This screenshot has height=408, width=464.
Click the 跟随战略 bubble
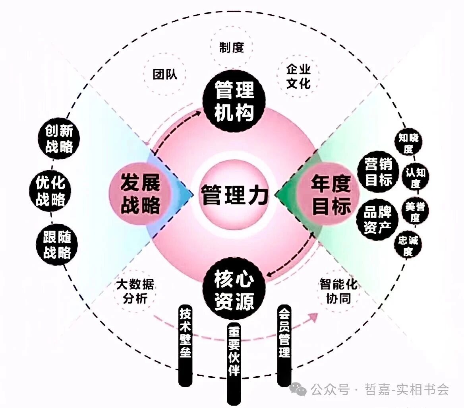[x=57, y=245]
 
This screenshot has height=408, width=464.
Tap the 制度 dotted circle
[x=232, y=47]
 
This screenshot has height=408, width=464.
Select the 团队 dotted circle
[x=165, y=74]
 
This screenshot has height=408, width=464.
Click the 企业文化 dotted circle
[x=298, y=76]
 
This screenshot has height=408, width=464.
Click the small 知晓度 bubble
[x=409, y=142]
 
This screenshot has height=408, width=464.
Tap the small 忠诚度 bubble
[x=408, y=245]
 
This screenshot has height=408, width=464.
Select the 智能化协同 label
[x=338, y=291]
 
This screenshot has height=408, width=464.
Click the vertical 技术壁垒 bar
[x=186, y=345]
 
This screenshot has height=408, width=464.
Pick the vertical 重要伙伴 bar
[x=234, y=363]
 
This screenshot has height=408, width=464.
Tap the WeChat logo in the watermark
[x=298, y=389]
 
